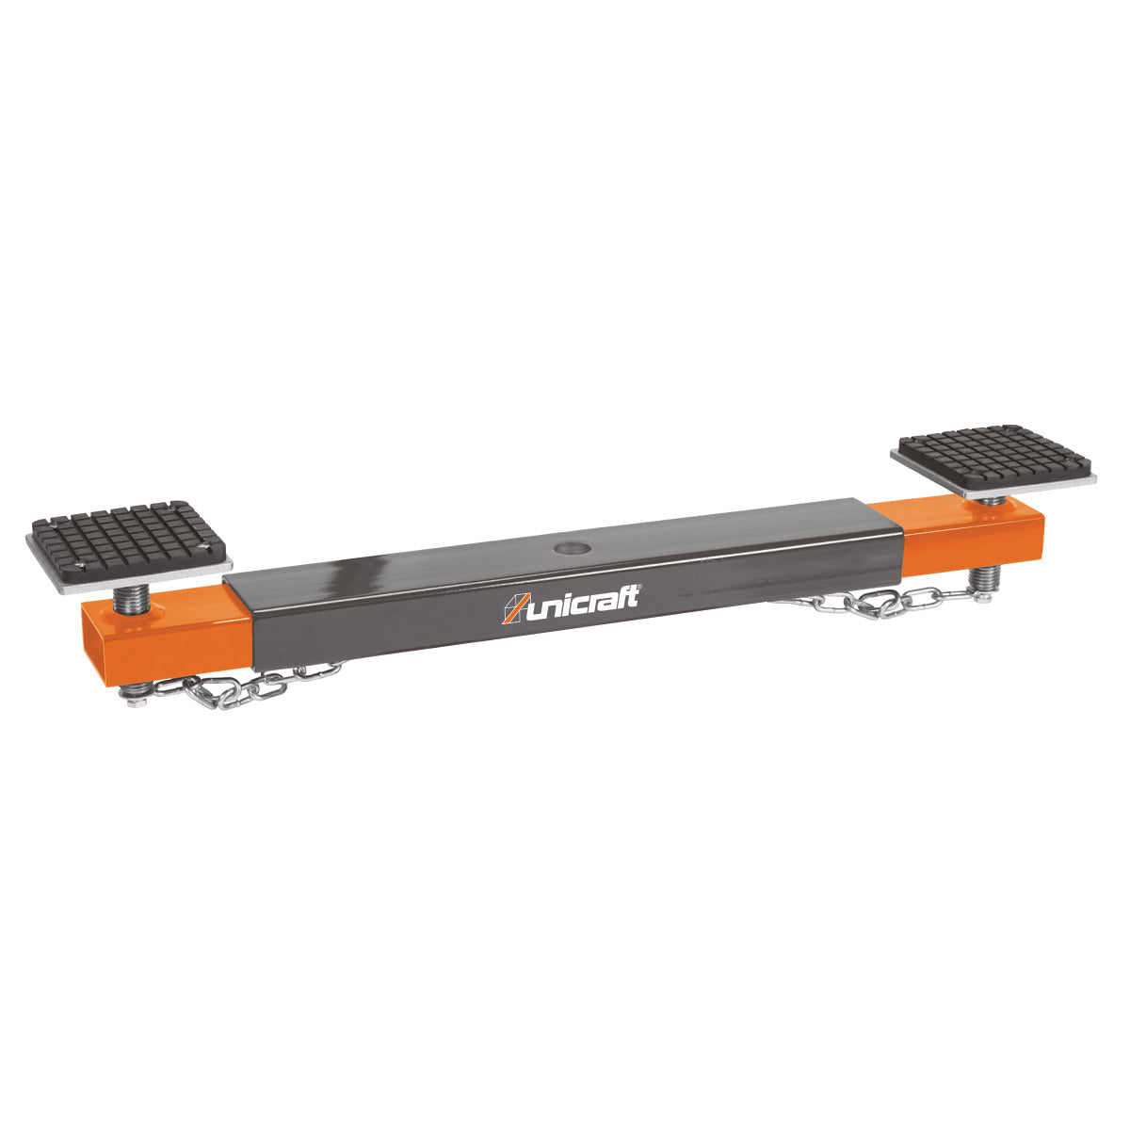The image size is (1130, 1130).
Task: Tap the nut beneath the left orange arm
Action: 132,693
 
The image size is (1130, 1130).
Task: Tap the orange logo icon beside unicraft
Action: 515,609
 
